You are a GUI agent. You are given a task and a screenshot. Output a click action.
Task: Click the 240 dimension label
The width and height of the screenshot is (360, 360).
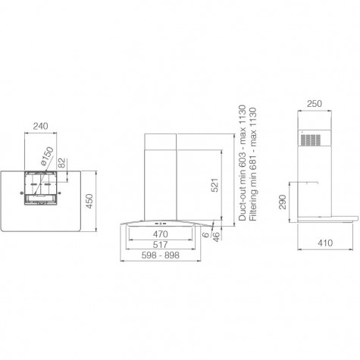click(40, 126)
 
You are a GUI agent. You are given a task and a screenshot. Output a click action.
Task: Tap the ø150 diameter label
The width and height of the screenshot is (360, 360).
click(47, 156)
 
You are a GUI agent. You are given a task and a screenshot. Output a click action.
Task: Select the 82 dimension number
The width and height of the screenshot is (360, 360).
click(61, 163)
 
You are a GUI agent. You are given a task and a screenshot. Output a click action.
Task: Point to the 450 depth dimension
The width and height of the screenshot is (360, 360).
click(89, 201)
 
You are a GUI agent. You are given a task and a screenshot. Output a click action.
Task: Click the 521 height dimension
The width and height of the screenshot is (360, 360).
click(214, 185)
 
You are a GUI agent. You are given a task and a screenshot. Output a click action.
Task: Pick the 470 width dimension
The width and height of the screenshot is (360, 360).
click(160, 234)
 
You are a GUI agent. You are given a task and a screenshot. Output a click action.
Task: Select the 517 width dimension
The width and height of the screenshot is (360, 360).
click(160, 245)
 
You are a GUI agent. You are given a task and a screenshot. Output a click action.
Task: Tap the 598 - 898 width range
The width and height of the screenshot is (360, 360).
click(161, 255)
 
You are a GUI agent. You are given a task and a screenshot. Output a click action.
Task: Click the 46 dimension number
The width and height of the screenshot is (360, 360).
click(216, 236)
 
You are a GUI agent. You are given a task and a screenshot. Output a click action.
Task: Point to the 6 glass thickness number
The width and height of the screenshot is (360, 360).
click(206, 235)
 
